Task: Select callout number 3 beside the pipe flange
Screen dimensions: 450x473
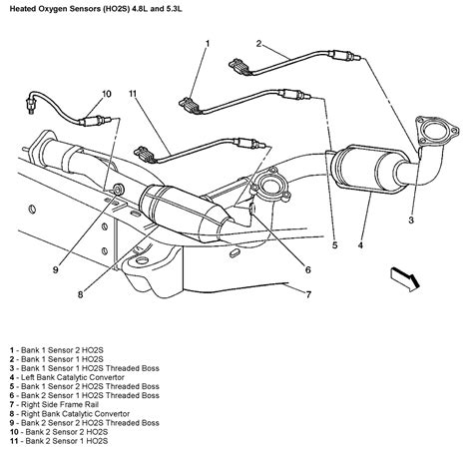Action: pyautogui.click(x=410, y=219)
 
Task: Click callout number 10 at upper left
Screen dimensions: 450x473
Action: pyautogui.click(x=106, y=95)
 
